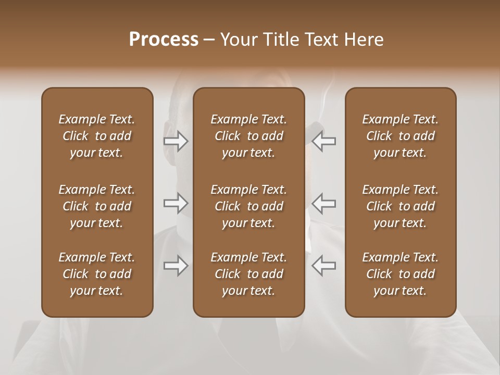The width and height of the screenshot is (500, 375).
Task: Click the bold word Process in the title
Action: pos(164,40)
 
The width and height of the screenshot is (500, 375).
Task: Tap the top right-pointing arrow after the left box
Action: pos(176,141)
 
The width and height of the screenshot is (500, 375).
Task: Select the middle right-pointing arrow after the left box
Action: pos(176,203)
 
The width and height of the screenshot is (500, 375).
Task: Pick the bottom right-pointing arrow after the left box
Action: pos(176,266)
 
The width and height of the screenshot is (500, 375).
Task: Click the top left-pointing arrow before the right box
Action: pos(323,141)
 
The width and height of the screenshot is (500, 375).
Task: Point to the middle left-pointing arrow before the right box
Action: pos(323,203)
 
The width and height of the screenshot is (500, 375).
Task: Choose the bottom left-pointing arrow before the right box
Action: pos(323,266)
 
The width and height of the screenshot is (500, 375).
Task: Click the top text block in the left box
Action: pos(97,136)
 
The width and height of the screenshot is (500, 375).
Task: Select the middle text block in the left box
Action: pos(97,206)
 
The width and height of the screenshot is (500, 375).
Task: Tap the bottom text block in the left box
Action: pos(97,274)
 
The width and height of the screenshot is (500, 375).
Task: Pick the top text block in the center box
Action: pos(249,136)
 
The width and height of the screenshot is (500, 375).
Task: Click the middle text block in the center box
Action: pos(249,206)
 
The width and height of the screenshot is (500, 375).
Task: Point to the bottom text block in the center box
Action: pos(249,274)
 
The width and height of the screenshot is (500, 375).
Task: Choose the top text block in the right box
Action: pos(401,136)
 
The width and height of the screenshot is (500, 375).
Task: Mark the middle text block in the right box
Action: pos(401,206)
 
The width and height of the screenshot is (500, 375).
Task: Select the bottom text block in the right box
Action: pos(401,274)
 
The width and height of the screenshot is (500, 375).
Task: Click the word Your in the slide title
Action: pos(237,40)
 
